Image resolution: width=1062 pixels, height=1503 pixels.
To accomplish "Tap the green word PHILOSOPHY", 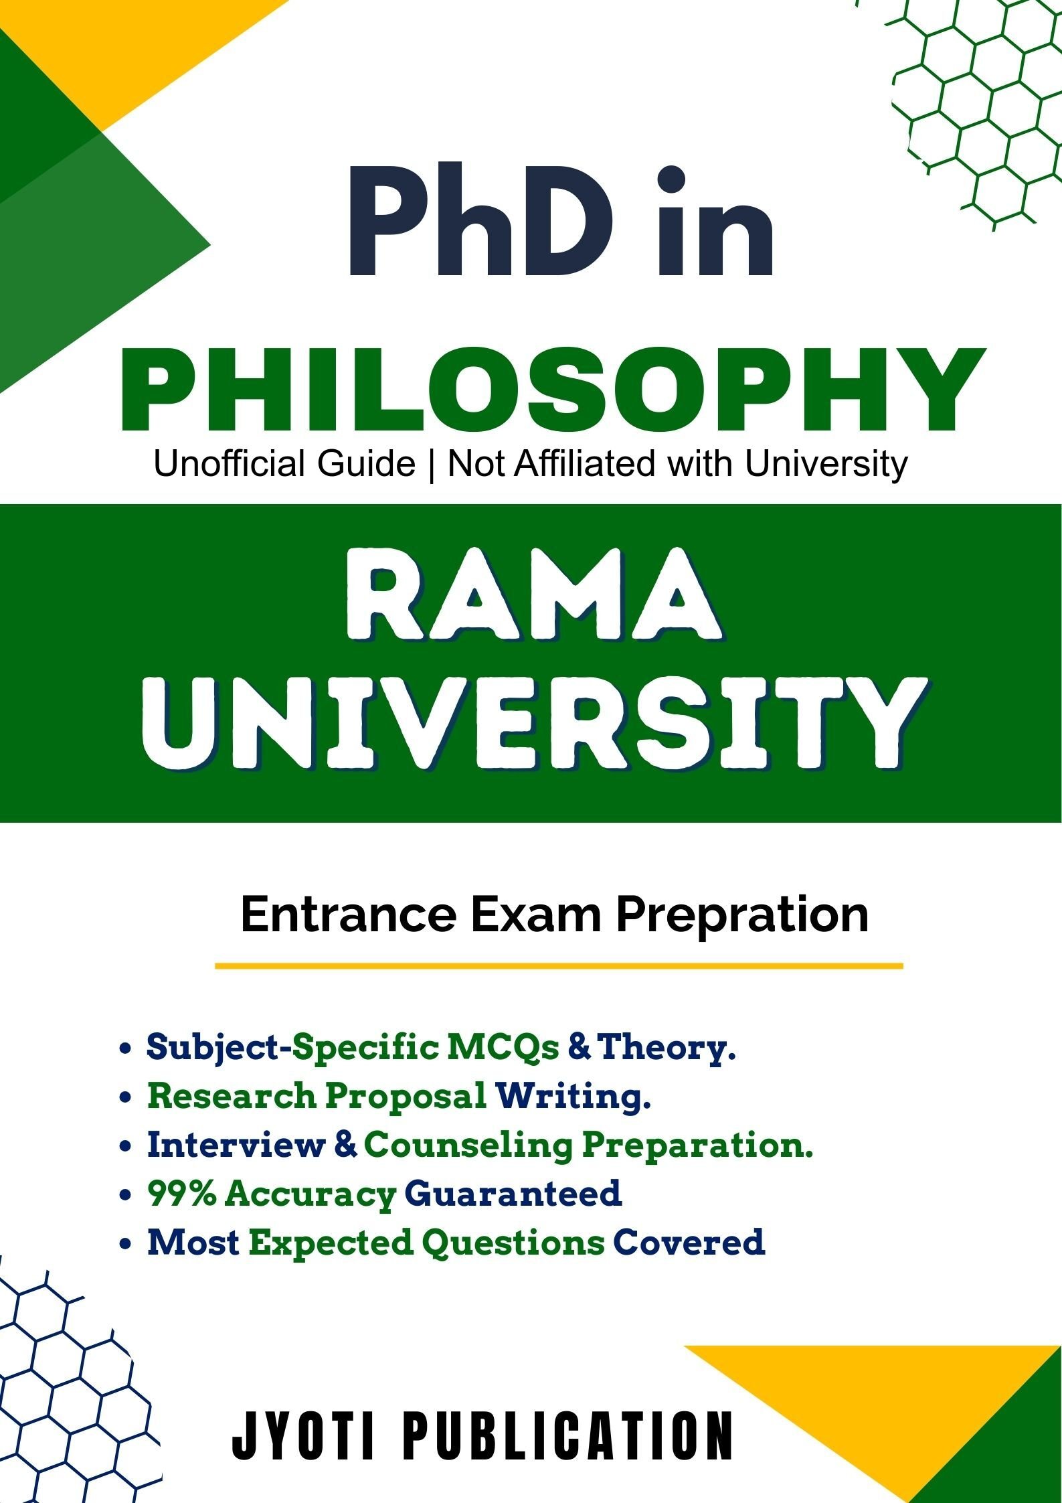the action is [553, 390].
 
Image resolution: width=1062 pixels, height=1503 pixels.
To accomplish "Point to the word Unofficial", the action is [230, 463].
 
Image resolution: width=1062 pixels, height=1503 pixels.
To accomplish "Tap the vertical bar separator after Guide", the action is [431, 465].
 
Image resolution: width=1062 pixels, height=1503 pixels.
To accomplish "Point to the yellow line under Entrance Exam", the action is [559, 966].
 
